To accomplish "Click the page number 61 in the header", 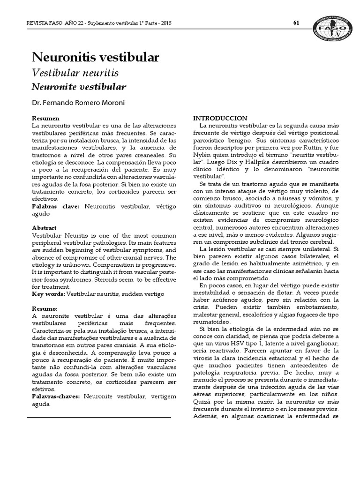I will [296, 23].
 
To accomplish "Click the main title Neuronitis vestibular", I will [95, 57].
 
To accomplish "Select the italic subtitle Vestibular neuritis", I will [75, 73].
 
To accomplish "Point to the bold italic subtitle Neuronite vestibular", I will [79, 87].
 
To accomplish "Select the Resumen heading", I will [45, 119].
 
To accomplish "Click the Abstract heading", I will [45, 228].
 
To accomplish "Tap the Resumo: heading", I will [45, 310].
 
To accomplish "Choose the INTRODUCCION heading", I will [221, 118].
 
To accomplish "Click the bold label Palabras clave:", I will [56, 206].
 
